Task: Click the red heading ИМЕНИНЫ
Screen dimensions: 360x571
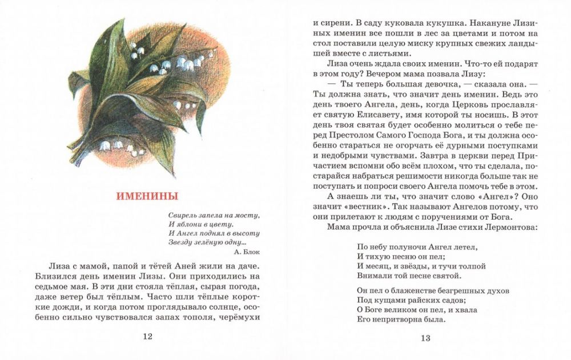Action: coord(147,197)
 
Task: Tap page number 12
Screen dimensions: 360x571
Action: coord(147,337)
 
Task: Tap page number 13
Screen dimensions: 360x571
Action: coord(425,338)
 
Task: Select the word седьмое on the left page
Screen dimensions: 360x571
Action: coord(60,286)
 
